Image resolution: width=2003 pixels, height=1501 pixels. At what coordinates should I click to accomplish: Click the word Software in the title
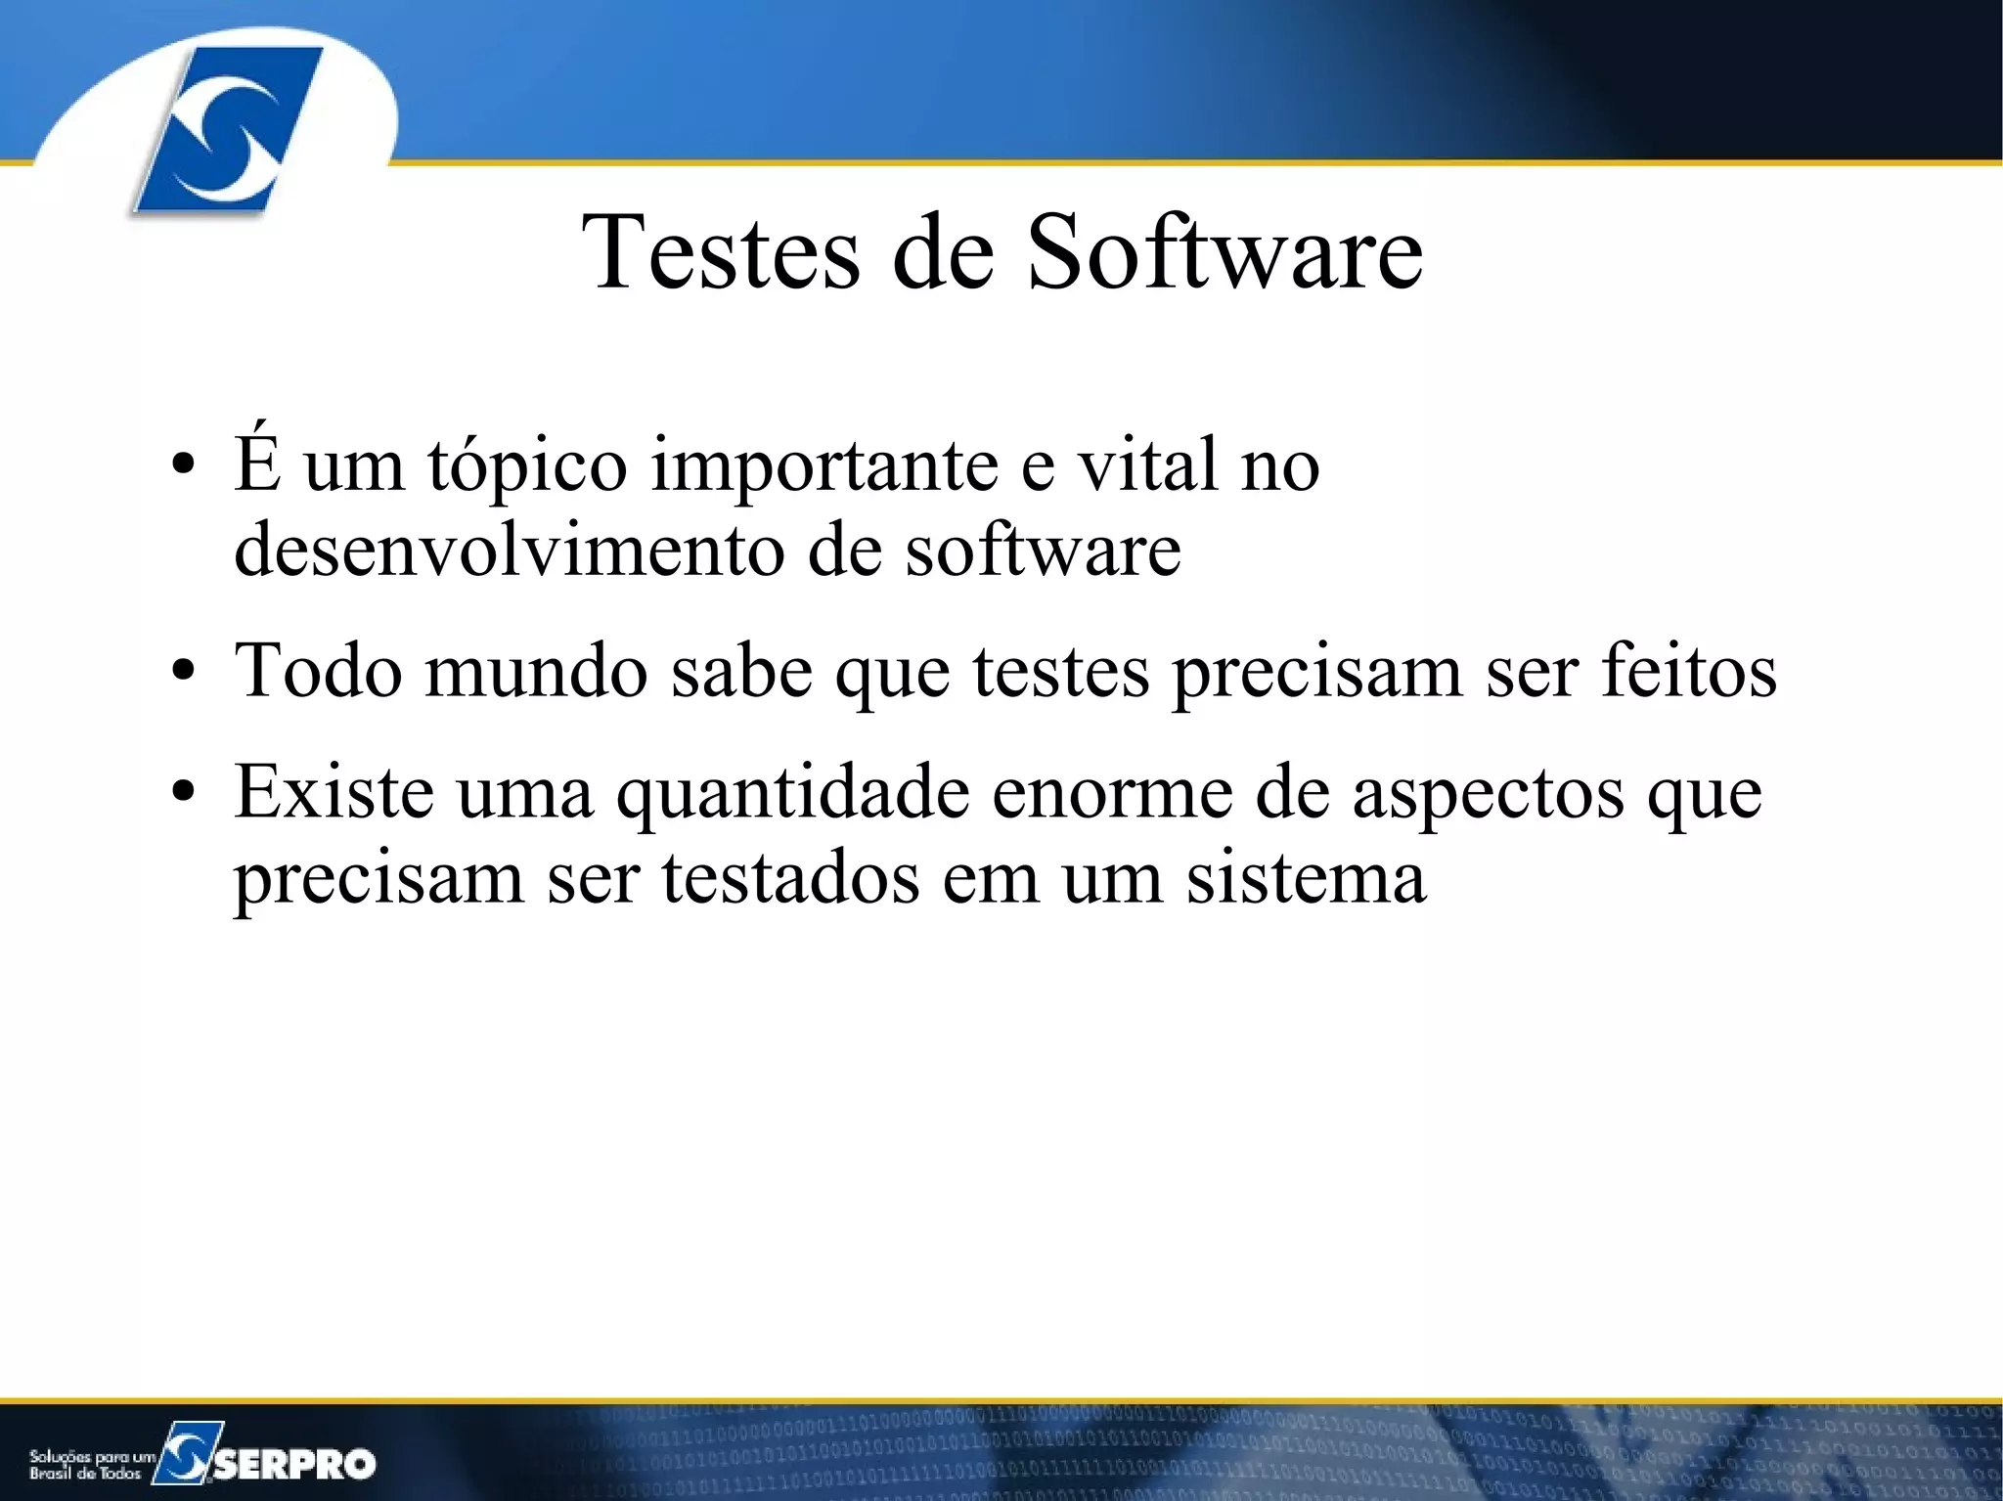[x=1224, y=252]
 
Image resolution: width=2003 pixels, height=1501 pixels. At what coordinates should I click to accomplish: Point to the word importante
[x=824, y=466]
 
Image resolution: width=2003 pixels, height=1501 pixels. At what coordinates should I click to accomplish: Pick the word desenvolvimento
[x=509, y=550]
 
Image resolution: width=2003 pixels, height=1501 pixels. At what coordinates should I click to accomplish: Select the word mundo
[x=536, y=671]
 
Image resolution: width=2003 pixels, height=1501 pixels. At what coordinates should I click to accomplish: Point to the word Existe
[x=334, y=791]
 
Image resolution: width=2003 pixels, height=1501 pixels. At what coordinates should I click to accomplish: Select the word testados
[x=790, y=877]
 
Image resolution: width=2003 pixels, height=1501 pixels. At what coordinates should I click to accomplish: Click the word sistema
[x=1306, y=877]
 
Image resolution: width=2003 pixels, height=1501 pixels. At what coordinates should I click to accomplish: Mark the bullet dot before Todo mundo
[x=183, y=673]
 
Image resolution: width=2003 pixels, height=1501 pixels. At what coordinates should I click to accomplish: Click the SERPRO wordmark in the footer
[x=294, y=1463]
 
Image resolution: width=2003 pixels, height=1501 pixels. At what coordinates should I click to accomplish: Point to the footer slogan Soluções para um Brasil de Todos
[x=91, y=1464]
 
